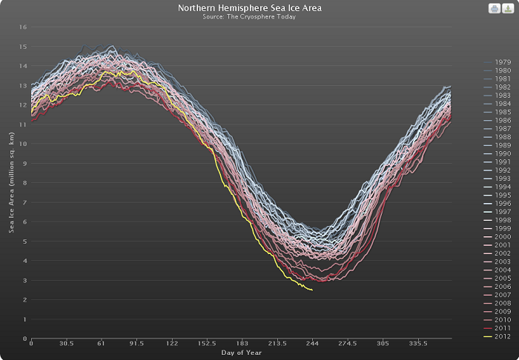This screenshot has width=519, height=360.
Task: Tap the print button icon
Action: [492, 8]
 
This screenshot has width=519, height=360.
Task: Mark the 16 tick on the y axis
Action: [23, 27]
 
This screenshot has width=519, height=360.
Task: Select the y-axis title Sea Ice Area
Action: [12, 182]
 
